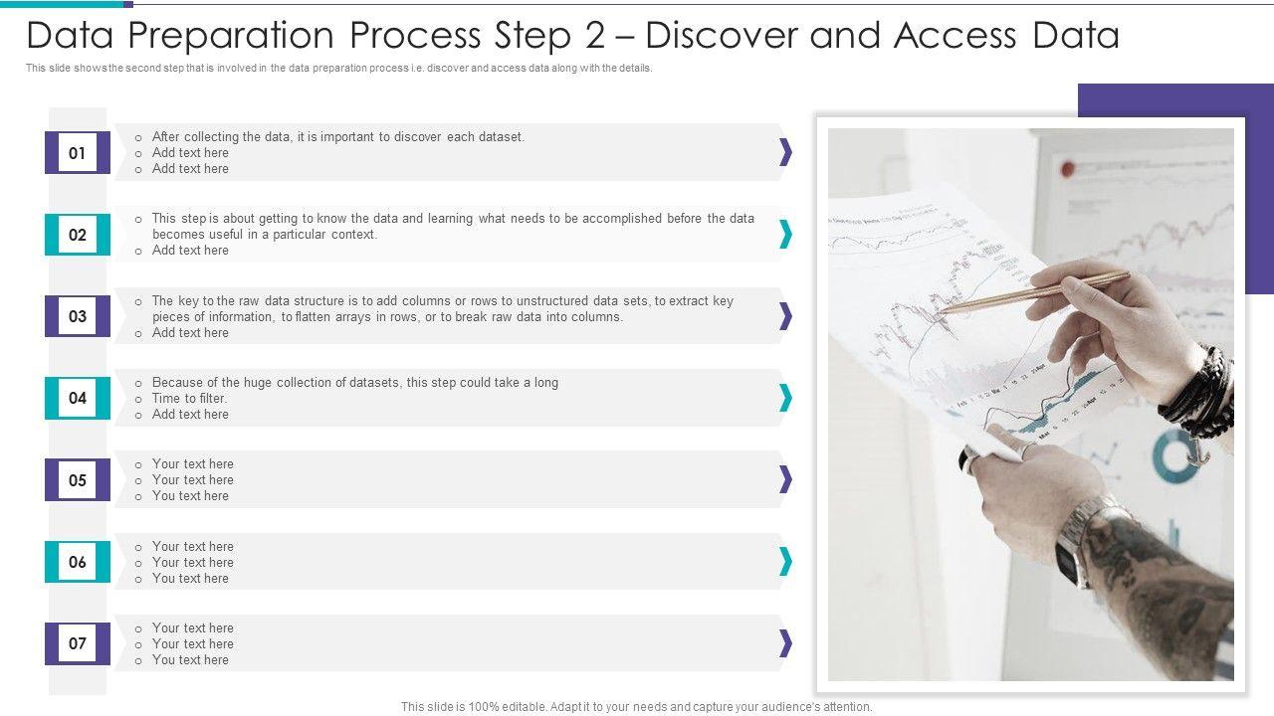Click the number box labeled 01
78,152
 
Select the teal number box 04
78,398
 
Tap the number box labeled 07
78,643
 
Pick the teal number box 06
78,562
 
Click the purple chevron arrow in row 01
785,152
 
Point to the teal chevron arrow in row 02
785,234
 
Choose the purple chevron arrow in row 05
785,479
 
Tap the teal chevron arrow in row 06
785,561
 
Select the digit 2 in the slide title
594,35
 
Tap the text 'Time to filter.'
189,399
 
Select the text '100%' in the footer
483,707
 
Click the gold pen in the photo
1033,292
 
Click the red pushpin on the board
1068,169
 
